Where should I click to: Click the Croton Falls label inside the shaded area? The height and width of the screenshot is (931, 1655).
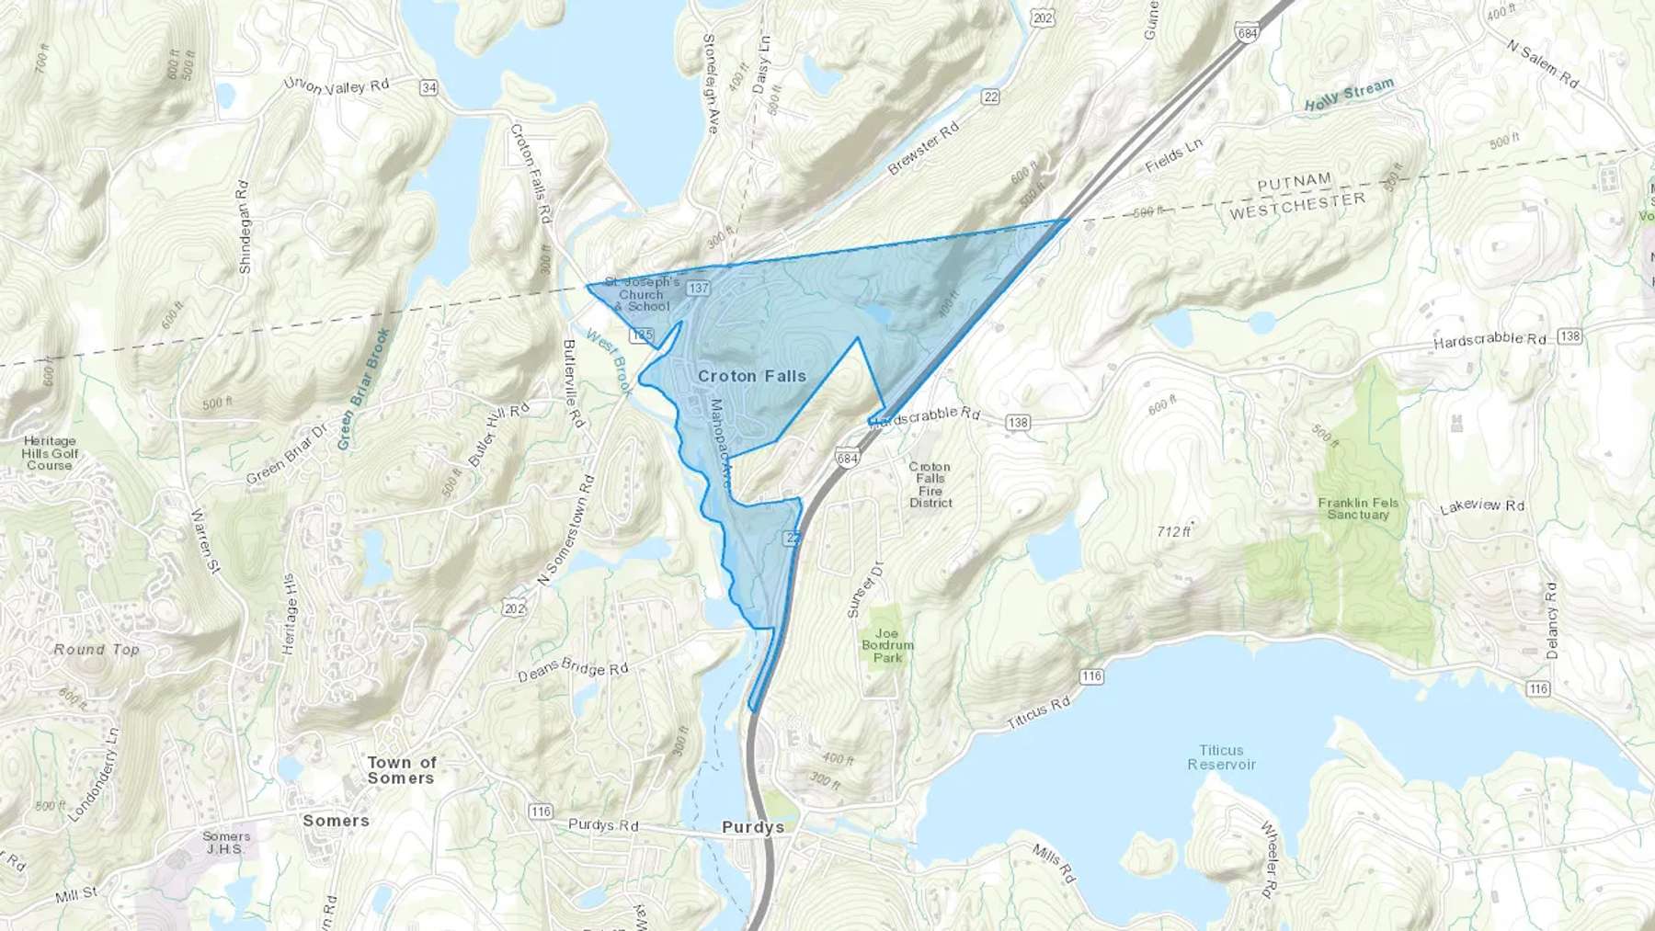coord(751,376)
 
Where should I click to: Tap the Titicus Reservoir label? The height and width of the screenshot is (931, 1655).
coord(1221,757)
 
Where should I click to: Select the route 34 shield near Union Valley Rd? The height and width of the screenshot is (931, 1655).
coord(428,87)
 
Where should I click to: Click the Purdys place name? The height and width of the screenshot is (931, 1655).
coord(753,827)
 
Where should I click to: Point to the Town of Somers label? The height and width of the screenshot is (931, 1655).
coord(402,770)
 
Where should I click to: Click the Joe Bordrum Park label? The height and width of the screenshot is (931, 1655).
coord(887,645)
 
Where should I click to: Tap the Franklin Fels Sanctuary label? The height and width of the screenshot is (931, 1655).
coord(1357,508)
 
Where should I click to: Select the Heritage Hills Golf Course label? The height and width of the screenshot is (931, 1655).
coord(50,453)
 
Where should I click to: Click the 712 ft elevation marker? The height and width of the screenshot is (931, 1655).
coord(1174,531)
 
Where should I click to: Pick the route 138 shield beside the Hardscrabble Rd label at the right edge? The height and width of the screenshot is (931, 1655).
coord(1570,336)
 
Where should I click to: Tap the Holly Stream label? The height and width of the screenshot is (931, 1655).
coord(1349,95)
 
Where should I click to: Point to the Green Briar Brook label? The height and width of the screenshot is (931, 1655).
coord(363,389)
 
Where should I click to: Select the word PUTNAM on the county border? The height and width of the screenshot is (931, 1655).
coord(1294,182)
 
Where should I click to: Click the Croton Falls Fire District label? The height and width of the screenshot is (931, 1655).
coord(930,484)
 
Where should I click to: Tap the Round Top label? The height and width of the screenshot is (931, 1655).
coord(97,649)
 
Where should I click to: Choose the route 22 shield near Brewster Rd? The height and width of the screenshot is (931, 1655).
coord(990,97)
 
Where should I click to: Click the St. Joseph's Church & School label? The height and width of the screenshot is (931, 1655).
coord(641,294)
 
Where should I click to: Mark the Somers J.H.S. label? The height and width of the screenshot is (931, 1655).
coord(226,842)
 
